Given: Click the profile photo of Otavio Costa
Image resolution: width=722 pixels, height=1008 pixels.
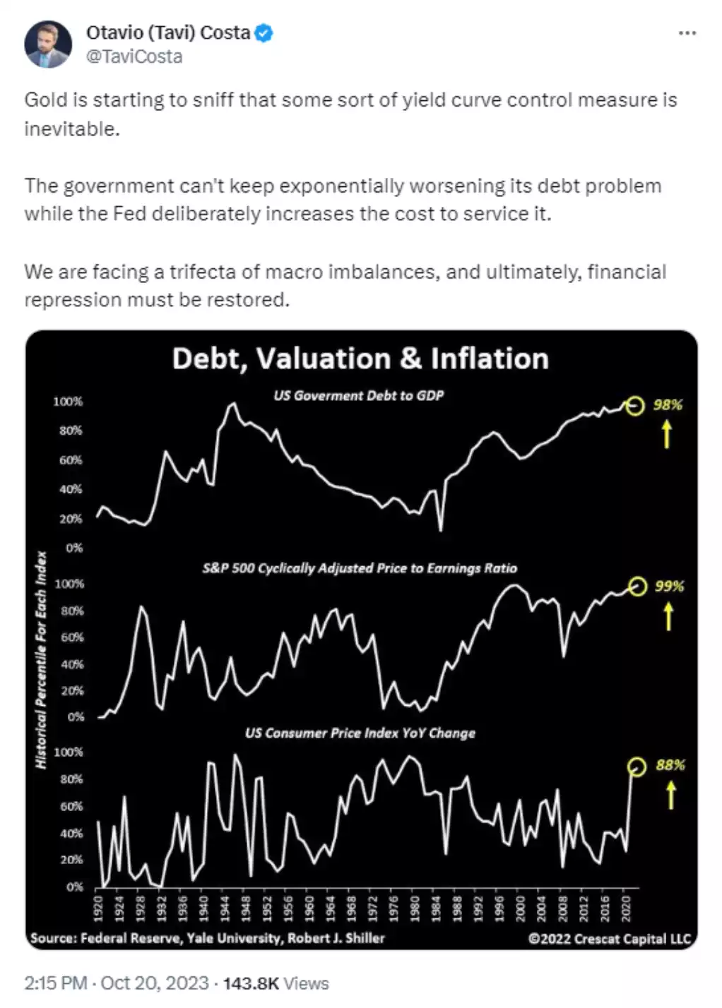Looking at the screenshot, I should click(x=47, y=44).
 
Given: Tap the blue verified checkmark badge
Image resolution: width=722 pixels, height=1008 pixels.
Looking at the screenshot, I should click(x=264, y=33).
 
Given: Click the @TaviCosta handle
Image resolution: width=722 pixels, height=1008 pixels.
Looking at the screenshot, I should click(x=134, y=56).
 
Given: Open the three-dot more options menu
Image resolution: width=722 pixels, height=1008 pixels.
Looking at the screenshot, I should click(x=687, y=33).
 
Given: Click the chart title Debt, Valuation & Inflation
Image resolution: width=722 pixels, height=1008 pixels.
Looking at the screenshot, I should click(x=360, y=359).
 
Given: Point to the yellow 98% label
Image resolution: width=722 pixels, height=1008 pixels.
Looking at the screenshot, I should click(x=668, y=404).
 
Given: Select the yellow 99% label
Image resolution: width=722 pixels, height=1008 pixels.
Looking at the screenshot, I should click(x=669, y=586).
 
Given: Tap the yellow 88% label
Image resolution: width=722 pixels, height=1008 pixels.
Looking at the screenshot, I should click(x=670, y=764).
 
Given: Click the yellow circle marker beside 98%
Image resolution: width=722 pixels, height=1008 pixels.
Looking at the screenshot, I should click(x=635, y=406).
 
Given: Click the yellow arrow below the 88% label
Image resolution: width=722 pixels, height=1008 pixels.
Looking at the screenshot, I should click(x=671, y=796).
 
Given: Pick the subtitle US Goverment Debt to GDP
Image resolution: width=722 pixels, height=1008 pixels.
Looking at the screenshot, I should click(x=358, y=395).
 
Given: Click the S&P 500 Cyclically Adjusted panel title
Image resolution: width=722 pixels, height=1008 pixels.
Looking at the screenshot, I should click(x=360, y=568).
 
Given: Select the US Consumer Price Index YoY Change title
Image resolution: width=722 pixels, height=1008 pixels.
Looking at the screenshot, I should click(x=360, y=733).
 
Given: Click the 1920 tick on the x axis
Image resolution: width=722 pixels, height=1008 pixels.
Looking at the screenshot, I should click(x=98, y=907).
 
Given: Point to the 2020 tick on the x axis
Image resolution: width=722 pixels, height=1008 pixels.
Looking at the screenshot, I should click(x=625, y=907).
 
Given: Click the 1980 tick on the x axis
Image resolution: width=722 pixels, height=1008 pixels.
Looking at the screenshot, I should click(x=415, y=907).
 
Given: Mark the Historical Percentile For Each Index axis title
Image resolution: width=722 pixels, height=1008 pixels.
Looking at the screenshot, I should click(x=41, y=659).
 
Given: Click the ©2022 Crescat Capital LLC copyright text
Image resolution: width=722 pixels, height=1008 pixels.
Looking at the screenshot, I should click(x=609, y=939).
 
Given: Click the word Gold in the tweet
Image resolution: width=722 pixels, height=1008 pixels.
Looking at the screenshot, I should click(x=46, y=100).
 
